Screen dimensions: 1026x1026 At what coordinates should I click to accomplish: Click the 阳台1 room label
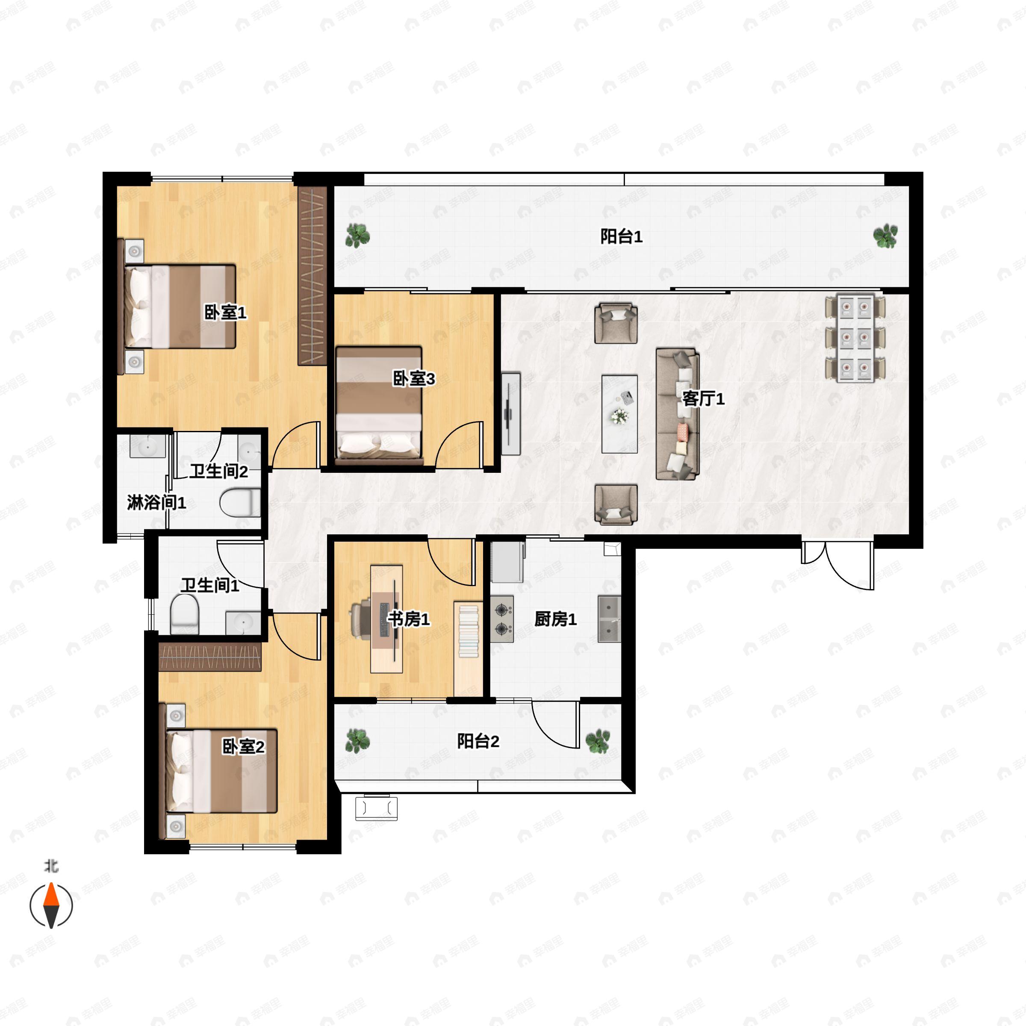(x=621, y=236)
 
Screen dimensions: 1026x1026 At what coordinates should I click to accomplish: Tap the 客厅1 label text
(x=703, y=398)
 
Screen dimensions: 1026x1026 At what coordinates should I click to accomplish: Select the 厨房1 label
(x=555, y=619)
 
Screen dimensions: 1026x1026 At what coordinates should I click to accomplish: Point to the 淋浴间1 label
(x=156, y=502)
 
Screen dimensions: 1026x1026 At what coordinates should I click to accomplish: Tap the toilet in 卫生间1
(x=184, y=614)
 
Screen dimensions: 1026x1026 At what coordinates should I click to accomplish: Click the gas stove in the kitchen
(x=502, y=619)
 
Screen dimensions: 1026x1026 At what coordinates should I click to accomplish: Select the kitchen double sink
(x=609, y=619)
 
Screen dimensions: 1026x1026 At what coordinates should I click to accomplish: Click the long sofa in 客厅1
(x=678, y=414)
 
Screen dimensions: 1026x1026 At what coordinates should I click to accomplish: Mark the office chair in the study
(x=362, y=619)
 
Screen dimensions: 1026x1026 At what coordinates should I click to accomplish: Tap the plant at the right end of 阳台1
(x=886, y=236)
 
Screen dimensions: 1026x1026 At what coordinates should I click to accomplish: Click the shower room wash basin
(x=147, y=447)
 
